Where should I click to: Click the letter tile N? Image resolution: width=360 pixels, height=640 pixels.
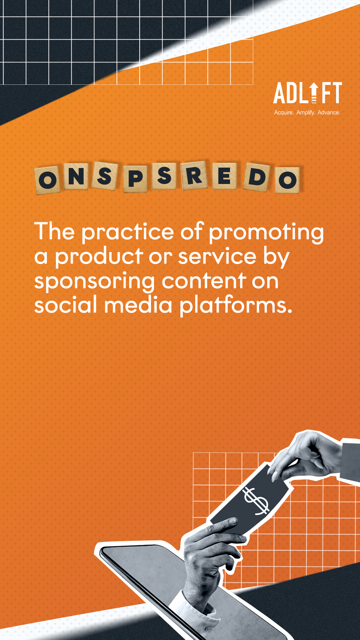[x=76, y=176]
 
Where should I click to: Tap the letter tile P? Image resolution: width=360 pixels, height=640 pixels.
[x=135, y=178]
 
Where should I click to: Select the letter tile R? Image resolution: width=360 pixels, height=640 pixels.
[x=194, y=175]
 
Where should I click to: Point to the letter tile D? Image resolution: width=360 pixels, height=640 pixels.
[x=256, y=178]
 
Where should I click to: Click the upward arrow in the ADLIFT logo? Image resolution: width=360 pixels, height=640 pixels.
[x=314, y=92]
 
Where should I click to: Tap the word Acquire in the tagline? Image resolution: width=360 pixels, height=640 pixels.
[x=284, y=112]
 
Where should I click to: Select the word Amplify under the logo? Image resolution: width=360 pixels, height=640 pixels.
[x=306, y=112]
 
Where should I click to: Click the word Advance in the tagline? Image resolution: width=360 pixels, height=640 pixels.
[x=329, y=112]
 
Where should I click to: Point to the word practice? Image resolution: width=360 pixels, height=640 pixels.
[x=128, y=232]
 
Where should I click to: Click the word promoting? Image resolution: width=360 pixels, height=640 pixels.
[x=266, y=232]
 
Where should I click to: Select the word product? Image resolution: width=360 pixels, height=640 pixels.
[x=99, y=256]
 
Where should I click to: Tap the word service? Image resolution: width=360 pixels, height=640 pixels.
[x=218, y=256]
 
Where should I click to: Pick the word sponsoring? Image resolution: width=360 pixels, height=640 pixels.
[x=94, y=282]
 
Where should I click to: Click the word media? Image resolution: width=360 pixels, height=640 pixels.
[x=138, y=304]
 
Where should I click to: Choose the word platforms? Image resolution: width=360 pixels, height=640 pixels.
[x=236, y=306]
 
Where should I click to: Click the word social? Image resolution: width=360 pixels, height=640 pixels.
[x=66, y=304]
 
